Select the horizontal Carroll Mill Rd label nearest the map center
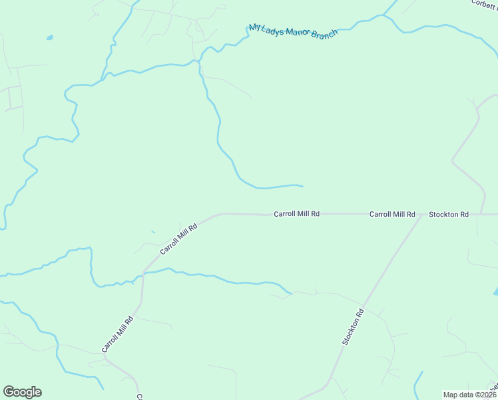[x=297, y=214]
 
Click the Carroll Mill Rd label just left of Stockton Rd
[x=392, y=214]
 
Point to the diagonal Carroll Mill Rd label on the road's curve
[x=179, y=239]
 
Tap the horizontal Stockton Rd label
[x=449, y=214]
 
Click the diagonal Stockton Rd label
[x=354, y=327]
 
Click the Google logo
[x=22, y=392]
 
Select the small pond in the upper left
[x=49, y=38]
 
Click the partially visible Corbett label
[x=485, y=3]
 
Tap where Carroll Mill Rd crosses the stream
[x=143, y=273]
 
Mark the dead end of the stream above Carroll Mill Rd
[x=302, y=186]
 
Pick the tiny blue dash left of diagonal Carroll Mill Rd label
[x=153, y=232]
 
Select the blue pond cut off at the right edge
[x=495, y=292]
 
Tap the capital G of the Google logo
[x=9, y=392]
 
